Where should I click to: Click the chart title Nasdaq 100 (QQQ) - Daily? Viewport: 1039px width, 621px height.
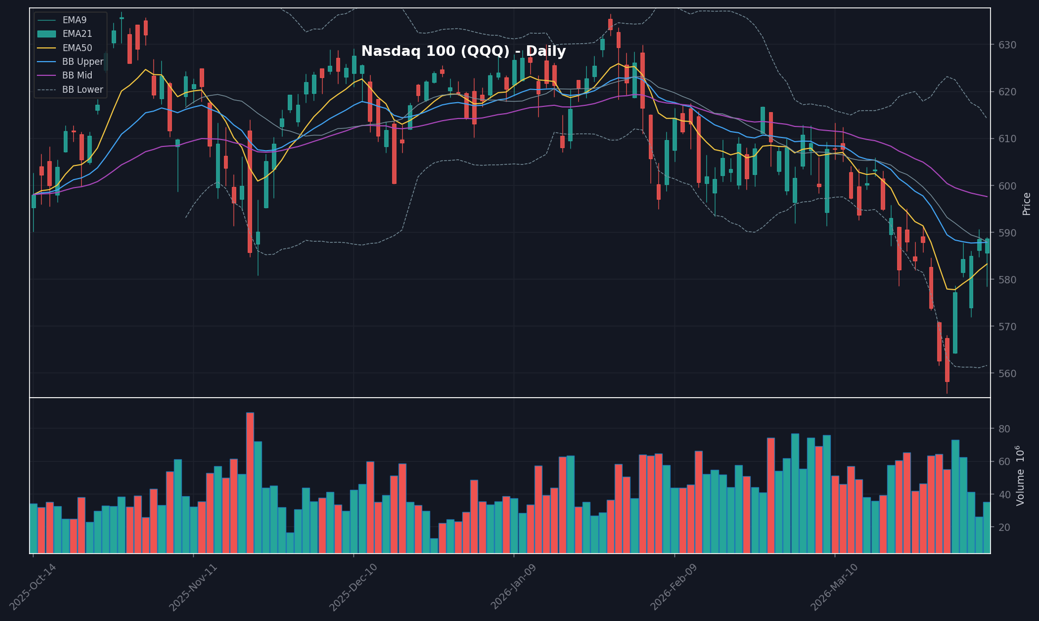[x=463, y=52]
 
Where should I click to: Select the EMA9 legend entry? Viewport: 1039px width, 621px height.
[x=74, y=20]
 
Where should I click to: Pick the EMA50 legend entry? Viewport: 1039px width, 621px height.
[x=77, y=48]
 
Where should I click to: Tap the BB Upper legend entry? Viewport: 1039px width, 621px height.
[x=82, y=62]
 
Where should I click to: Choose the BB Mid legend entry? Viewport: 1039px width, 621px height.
[x=77, y=76]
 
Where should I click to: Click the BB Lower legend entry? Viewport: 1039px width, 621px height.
[x=82, y=90]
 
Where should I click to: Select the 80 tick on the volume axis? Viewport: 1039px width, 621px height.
[x=1004, y=429]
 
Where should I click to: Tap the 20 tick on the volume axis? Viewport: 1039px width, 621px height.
[x=1004, y=528]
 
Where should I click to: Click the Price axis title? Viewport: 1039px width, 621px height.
[x=1026, y=204]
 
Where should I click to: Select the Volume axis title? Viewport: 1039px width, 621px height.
[x=1021, y=476]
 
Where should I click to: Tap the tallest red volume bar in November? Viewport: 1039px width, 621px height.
[x=250, y=482]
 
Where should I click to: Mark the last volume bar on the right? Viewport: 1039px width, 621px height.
[x=987, y=527]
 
